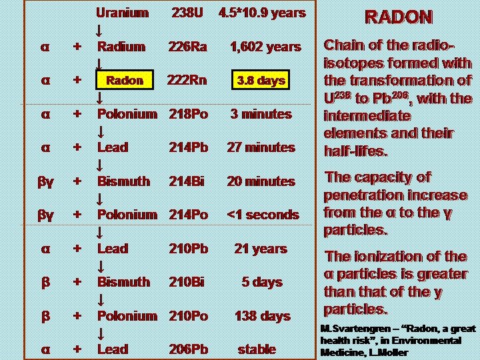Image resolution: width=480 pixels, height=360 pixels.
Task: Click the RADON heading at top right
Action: pos(397,18)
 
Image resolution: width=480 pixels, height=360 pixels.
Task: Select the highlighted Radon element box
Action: pos(125,81)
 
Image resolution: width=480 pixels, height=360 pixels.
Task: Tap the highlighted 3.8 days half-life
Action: pos(261,81)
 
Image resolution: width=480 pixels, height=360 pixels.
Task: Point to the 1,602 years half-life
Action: pos(265,47)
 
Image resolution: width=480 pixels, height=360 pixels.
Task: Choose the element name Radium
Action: pos(121,47)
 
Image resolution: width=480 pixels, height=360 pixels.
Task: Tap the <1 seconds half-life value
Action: pos(263,215)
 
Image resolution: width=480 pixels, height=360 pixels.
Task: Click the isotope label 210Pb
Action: pos(189,249)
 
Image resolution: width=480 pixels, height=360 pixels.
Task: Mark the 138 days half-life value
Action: pos(262,316)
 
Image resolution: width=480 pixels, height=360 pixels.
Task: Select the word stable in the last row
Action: pos(257,349)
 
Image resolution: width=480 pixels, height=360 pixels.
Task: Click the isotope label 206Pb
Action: pos(189,349)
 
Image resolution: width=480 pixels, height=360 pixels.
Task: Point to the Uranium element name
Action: pos(122,13)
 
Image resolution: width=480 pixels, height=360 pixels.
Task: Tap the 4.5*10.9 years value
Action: pos(262,13)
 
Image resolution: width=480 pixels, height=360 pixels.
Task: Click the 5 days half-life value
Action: pos(262,282)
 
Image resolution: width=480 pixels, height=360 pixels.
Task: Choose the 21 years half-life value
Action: pos(261,249)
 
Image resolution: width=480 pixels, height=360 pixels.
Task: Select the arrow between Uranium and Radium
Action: pos(99,30)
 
